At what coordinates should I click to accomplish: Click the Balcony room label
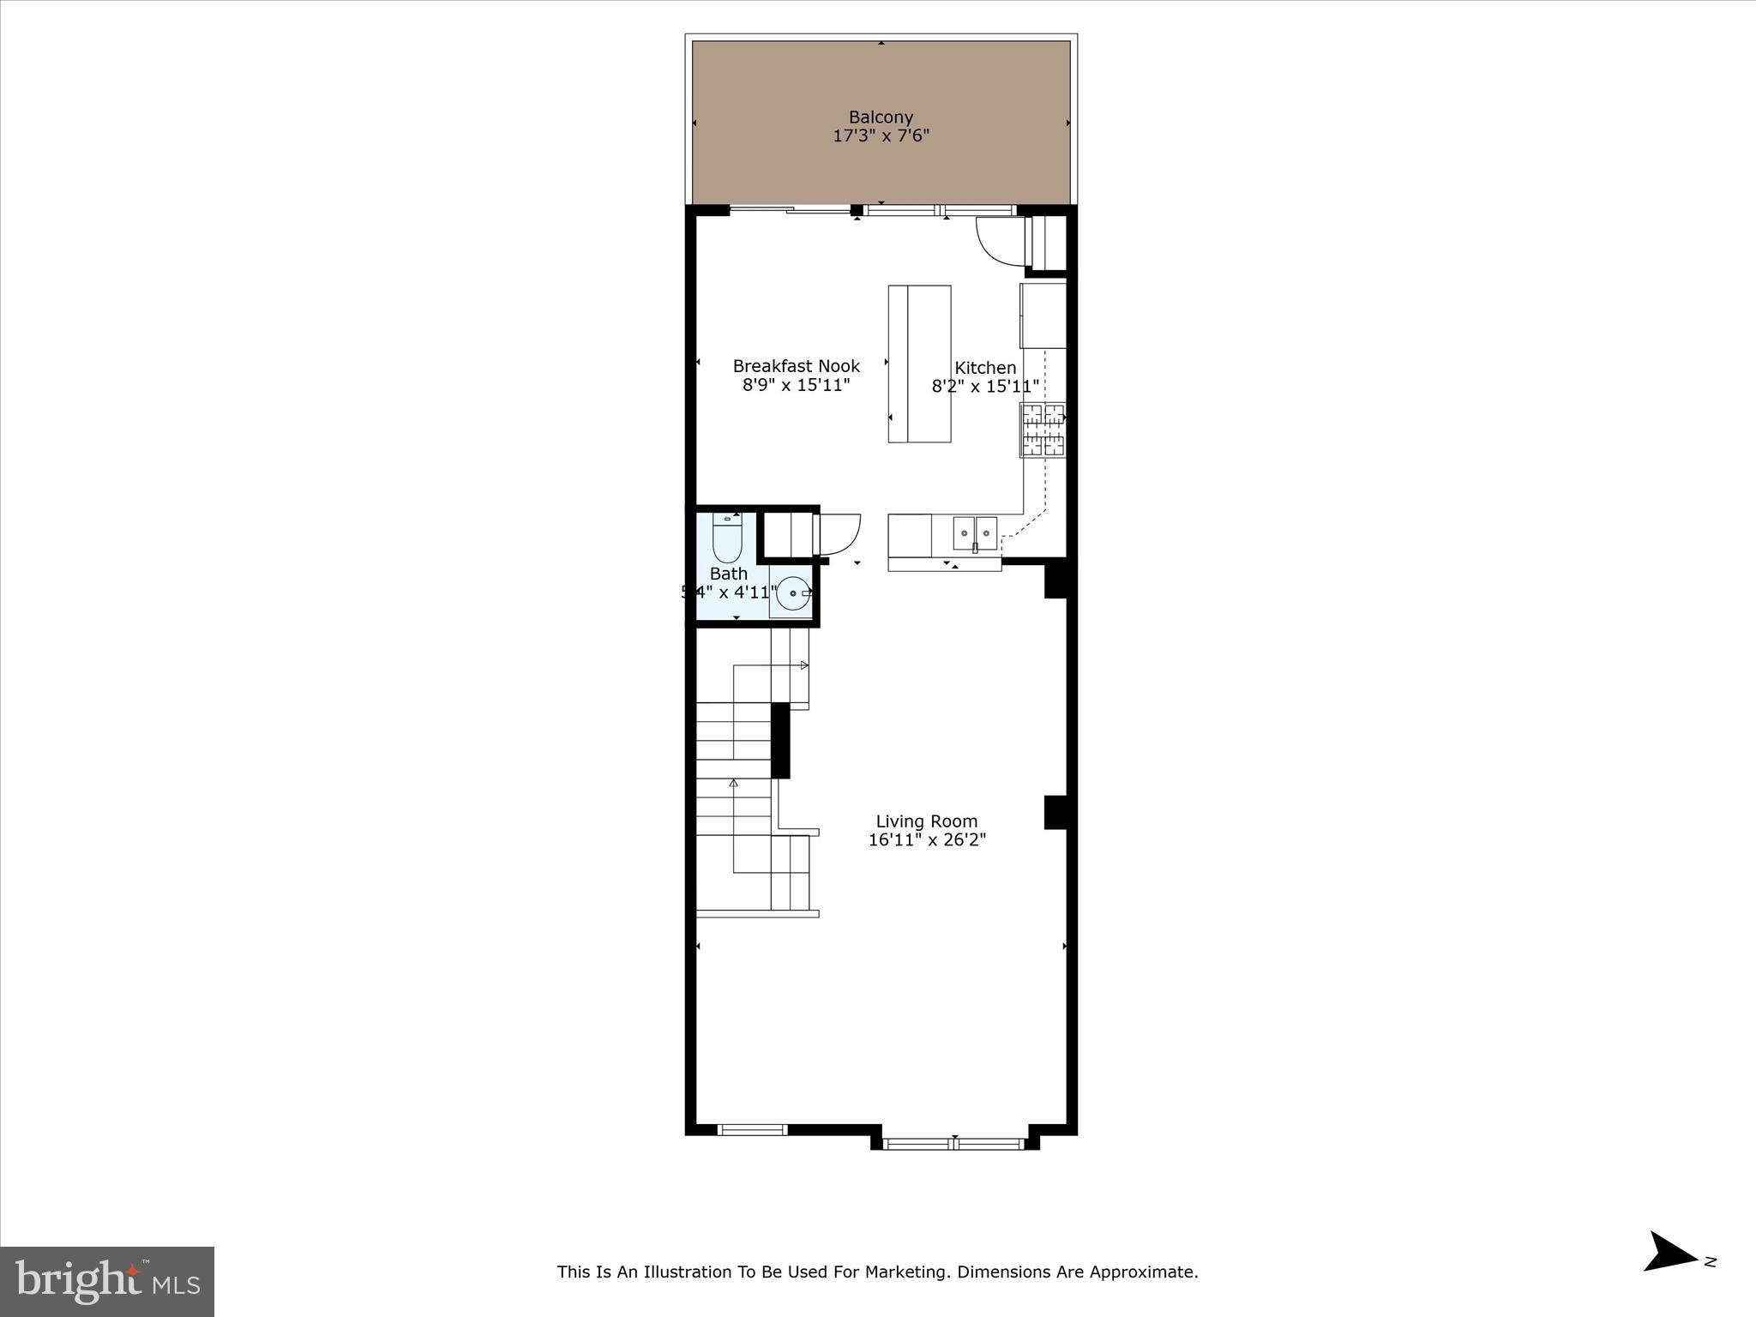pos(881,117)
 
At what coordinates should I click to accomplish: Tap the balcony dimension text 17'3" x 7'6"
pos(881,135)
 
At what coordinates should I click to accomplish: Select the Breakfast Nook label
pos(796,366)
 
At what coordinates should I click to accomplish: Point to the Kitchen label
pos(985,368)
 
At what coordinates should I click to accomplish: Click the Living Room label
pos(926,821)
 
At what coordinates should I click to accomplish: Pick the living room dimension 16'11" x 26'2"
pos(927,839)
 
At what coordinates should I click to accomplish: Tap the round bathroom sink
pos(794,592)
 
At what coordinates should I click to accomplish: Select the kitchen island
pos(919,364)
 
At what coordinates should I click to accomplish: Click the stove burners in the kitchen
pos(1042,430)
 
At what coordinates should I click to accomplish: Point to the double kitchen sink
pos(975,533)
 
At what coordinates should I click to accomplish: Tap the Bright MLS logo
pos(107,1281)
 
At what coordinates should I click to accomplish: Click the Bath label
pos(728,574)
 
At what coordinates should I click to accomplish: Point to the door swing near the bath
pos(838,533)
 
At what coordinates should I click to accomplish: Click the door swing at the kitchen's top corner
pos(999,239)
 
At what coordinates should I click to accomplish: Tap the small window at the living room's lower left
pos(752,1129)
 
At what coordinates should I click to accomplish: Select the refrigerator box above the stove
pos(1043,316)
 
